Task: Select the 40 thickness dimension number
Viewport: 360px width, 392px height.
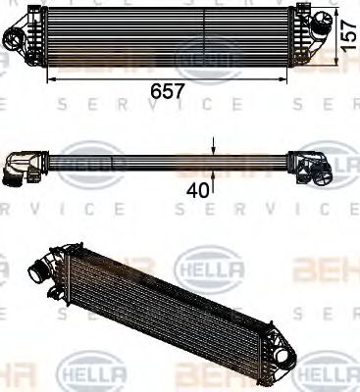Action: [199, 191]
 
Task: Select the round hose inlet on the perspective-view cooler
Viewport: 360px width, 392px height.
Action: [40, 266]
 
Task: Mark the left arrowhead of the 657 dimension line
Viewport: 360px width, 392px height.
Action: [50, 74]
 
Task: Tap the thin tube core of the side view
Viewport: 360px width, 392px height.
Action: [167, 161]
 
